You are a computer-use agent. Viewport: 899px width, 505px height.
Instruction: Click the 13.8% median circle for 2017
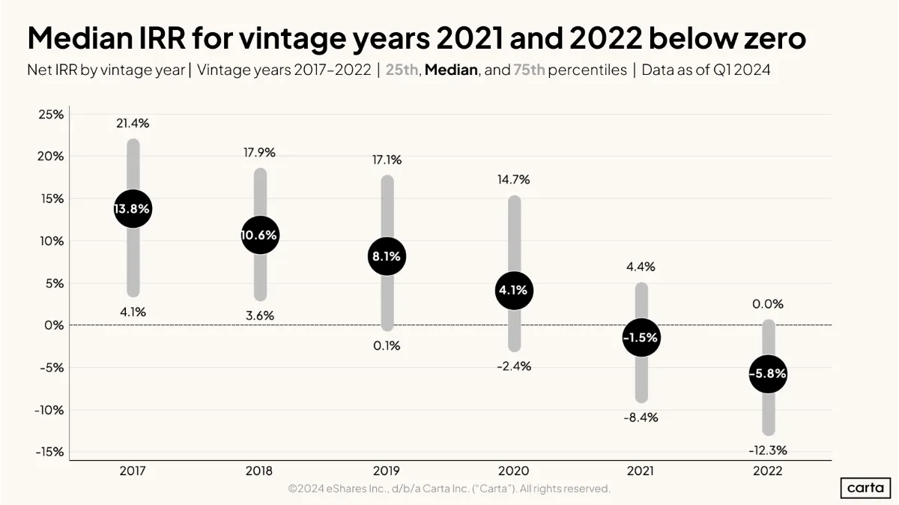tap(133, 209)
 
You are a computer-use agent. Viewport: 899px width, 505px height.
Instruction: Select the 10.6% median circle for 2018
tap(260, 235)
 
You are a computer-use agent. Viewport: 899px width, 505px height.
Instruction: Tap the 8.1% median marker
tap(387, 256)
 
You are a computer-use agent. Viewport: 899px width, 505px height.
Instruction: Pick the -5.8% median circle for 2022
tap(768, 374)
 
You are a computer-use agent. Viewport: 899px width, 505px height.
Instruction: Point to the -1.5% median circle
tap(641, 338)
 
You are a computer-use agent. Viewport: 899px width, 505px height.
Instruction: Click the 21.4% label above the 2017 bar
tap(133, 123)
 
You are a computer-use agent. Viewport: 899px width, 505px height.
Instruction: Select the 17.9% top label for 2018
tap(260, 153)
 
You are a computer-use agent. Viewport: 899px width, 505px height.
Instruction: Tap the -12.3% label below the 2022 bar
tap(768, 450)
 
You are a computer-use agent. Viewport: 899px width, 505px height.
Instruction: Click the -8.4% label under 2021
tap(641, 418)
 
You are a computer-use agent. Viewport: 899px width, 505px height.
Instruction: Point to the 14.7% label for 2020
tap(514, 179)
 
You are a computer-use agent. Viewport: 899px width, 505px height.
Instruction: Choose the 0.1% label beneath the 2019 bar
tap(387, 345)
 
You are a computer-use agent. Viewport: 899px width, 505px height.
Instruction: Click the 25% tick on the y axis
tap(51, 115)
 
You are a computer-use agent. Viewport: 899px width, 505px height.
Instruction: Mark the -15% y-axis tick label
tap(49, 452)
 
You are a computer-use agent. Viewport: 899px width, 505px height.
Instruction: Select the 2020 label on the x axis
tap(514, 471)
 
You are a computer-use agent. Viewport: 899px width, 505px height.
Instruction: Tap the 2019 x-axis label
tap(387, 471)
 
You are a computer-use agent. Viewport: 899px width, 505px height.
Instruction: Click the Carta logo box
tap(865, 488)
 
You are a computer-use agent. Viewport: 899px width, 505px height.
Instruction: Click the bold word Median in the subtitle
tap(451, 70)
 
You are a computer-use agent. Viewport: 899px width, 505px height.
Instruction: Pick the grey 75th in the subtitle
tap(529, 70)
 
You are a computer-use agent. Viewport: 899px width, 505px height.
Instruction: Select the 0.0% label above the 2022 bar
tap(768, 304)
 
